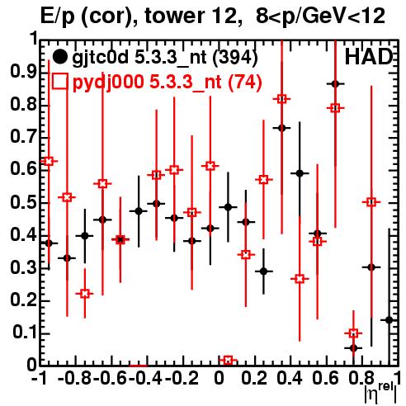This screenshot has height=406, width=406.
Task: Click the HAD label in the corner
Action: click(x=369, y=57)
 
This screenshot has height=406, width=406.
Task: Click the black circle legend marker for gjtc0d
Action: click(x=59, y=57)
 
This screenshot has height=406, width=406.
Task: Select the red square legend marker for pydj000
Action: click(x=59, y=81)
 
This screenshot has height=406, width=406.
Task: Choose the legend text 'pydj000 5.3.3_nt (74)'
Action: click(x=167, y=83)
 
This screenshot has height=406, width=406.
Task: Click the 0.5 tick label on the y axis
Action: click(x=23, y=202)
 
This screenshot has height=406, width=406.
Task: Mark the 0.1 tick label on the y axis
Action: click(x=25, y=333)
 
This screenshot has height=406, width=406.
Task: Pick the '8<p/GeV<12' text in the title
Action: click(x=320, y=16)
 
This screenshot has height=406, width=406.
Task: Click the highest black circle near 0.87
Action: click(x=335, y=84)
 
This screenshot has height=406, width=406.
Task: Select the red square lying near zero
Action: click(x=228, y=361)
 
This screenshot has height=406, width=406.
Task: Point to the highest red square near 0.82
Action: click(x=281, y=99)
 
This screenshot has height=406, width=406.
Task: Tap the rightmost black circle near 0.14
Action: click(x=389, y=320)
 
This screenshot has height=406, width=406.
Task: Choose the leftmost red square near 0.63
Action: click(x=49, y=161)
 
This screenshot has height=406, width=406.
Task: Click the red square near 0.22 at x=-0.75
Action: click(x=85, y=294)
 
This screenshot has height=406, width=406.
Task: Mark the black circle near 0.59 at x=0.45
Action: click(x=300, y=173)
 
